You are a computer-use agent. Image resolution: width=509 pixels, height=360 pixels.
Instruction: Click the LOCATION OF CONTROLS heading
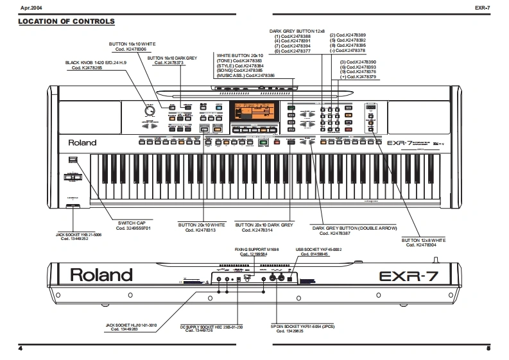tap(67, 22)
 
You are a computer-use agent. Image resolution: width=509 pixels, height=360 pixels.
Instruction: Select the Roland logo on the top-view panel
tap(84, 142)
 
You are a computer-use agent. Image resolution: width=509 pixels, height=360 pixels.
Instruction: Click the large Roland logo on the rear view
tap(101, 275)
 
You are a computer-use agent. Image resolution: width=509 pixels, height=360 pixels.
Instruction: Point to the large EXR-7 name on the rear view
tap(410, 277)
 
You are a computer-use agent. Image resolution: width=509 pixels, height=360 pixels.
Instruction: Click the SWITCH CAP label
tap(133, 223)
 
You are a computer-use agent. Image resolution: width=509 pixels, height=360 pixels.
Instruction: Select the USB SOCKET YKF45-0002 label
tap(318, 248)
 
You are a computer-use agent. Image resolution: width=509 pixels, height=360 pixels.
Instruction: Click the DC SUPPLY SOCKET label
tap(203, 325)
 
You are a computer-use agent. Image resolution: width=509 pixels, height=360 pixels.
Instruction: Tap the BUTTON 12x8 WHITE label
tap(423, 240)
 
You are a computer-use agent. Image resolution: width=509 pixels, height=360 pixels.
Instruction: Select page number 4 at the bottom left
tap(21, 348)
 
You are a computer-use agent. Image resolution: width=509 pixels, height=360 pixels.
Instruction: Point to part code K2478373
tap(173, 62)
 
